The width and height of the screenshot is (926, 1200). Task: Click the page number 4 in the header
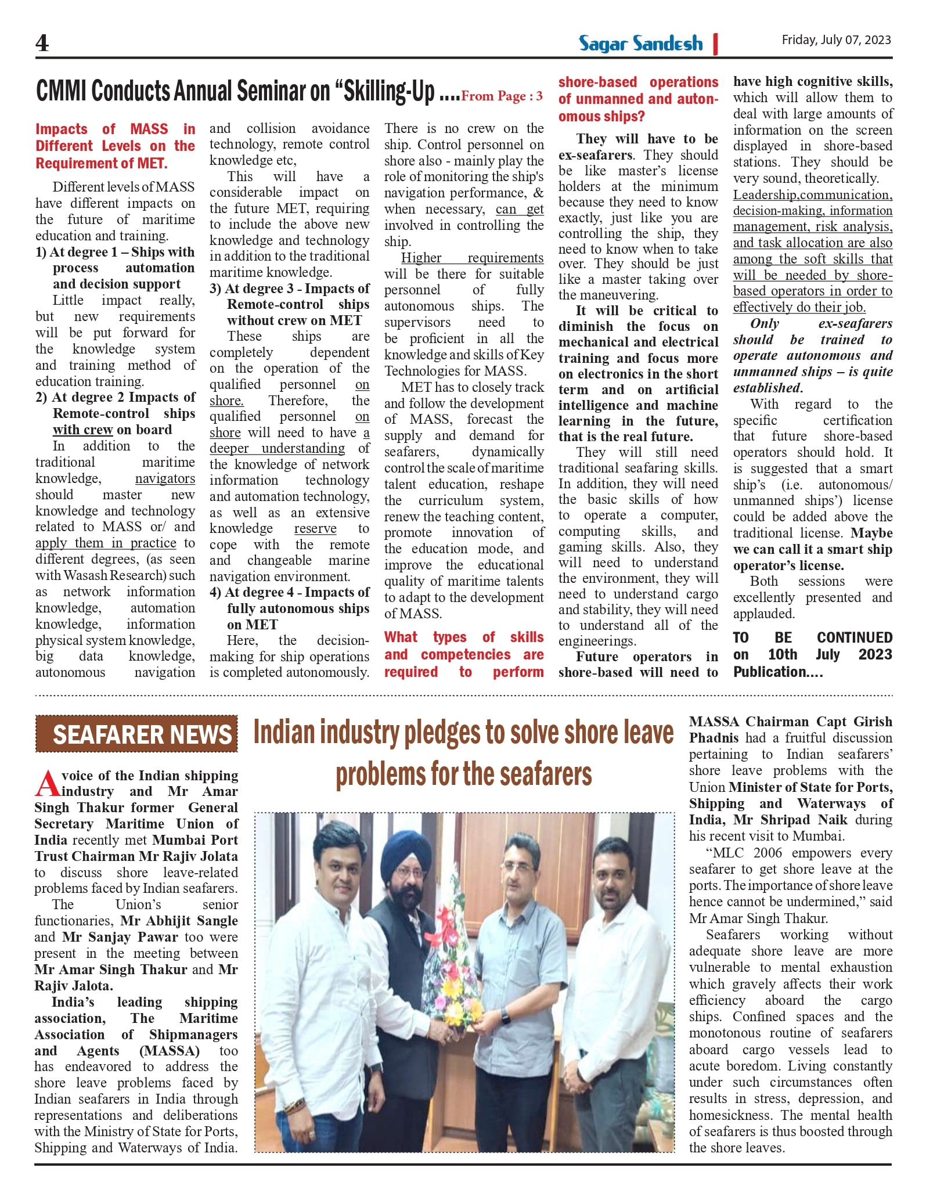click(42, 43)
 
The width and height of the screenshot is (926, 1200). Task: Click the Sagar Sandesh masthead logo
click(640, 44)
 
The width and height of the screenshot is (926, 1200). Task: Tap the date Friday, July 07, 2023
click(835, 40)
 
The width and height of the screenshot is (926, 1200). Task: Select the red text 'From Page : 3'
click(502, 96)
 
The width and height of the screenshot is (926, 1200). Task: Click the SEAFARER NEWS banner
click(136, 734)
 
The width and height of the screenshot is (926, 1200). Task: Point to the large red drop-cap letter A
click(46, 783)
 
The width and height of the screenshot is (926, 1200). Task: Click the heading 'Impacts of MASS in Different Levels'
click(115, 146)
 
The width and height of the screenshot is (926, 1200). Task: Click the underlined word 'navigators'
click(165, 478)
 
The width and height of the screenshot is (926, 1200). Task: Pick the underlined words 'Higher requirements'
click(472, 258)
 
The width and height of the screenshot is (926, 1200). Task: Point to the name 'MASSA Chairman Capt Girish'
click(790, 722)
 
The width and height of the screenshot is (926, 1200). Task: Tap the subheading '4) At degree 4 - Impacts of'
click(290, 593)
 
